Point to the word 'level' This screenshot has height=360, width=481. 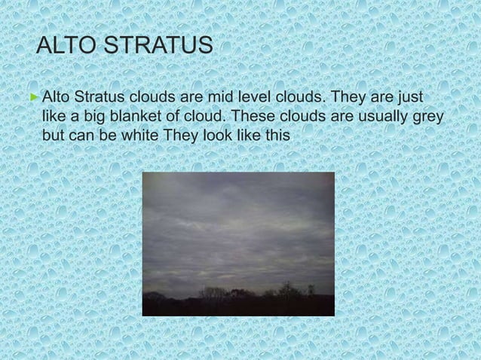[269, 99]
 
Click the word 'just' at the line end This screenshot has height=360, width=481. [408, 99]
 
